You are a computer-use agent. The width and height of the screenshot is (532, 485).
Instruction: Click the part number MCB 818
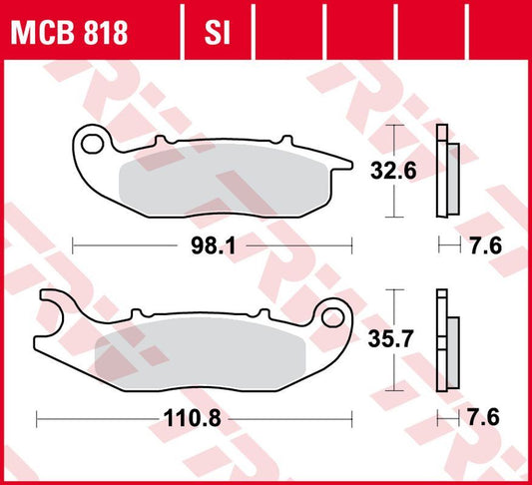coord(68,33)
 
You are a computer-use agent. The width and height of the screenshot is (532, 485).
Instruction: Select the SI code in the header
coord(218,33)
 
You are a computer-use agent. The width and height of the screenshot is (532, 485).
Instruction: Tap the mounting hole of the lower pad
coord(328,318)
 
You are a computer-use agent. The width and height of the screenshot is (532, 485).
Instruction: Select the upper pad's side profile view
coord(445,172)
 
